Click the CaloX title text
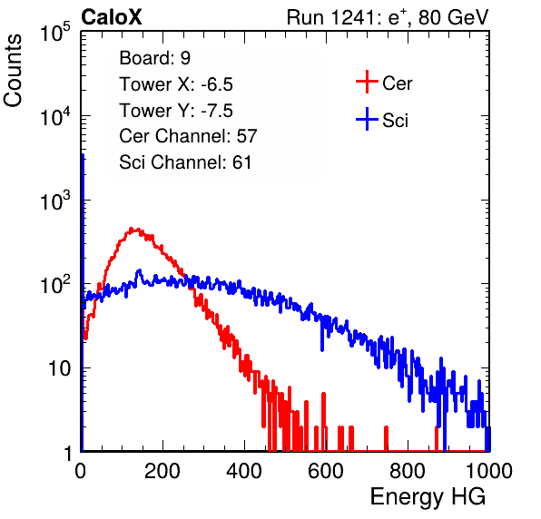[x=112, y=17]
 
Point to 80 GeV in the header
[x=453, y=17]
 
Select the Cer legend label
[x=397, y=83]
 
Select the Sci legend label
[x=395, y=121]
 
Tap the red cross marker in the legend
[x=367, y=82]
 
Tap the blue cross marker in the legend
[x=367, y=119]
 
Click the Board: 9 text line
[x=154, y=58]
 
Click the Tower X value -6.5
[x=217, y=84]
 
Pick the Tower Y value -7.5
[x=217, y=111]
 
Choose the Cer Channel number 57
[x=247, y=136]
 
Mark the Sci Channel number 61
[x=241, y=162]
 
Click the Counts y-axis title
[x=13, y=71]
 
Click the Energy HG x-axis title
[x=428, y=496]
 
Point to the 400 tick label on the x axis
[x=244, y=471]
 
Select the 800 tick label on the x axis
[x=408, y=471]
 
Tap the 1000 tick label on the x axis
[x=489, y=471]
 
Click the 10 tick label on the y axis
[x=59, y=368]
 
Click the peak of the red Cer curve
[x=131, y=229]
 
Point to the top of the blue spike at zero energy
[x=83, y=155]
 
